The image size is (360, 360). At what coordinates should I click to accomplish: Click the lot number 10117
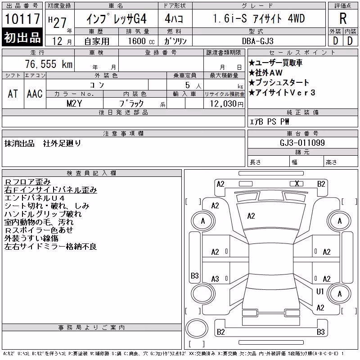tap(22, 19)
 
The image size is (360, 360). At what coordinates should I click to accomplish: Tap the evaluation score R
tap(343, 18)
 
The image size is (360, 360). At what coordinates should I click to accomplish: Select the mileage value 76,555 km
tap(49, 64)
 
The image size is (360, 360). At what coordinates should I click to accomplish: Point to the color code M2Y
tap(74, 103)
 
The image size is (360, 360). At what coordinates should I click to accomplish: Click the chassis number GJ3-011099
tap(302, 143)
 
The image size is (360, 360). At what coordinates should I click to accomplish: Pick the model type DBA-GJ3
tap(258, 41)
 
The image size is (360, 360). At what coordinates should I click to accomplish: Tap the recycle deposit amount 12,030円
tap(227, 104)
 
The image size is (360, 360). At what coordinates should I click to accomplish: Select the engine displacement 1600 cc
tap(141, 41)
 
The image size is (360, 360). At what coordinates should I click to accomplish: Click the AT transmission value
tap(13, 94)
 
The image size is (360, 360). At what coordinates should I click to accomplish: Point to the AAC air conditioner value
tap(35, 94)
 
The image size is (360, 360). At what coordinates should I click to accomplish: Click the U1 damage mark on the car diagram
tap(320, 292)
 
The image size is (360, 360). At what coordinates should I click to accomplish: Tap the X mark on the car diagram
tap(297, 184)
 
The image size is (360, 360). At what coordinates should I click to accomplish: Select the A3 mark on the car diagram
tap(215, 279)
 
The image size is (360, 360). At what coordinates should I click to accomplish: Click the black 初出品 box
tap(22, 37)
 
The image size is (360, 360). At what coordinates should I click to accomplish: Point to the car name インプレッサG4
tap(117, 19)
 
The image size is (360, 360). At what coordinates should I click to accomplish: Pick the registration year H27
tap(58, 22)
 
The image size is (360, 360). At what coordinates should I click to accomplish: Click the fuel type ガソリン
tap(175, 41)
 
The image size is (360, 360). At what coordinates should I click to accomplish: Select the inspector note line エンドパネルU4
tap(35, 198)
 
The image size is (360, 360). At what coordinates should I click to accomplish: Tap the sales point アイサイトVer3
tap(282, 93)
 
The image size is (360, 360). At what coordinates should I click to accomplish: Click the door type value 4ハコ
tap(174, 18)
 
